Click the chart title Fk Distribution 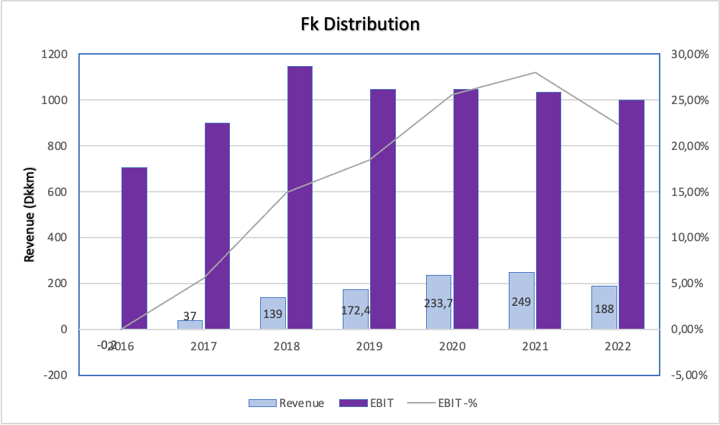click(360, 24)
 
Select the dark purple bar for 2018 click(300, 197)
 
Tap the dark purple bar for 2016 click(134, 248)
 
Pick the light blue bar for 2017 click(190, 324)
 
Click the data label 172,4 click(354, 313)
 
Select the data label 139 click(272, 314)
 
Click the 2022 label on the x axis click(617, 346)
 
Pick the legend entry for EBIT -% click(458, 403)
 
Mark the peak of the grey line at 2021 click(535, 73)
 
